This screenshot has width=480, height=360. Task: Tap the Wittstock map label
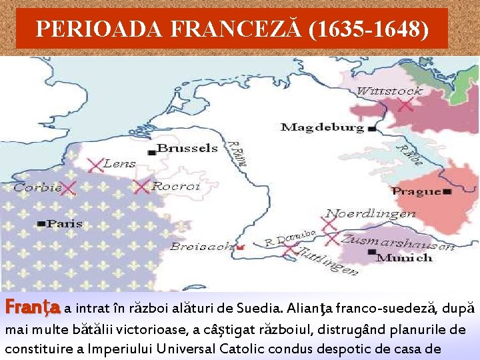(x=389, y=91)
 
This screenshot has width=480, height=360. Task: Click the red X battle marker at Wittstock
(x=405, y=104)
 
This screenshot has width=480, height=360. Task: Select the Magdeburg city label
(x=322, y=127)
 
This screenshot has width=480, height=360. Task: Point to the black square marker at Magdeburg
(x=371, y=127)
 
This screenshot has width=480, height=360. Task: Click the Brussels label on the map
(x=187, y=148)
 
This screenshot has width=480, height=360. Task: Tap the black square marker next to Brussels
(x=152, y=153)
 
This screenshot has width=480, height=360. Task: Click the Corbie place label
(x=37, y=188)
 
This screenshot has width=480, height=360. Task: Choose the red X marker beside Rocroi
(x=141, y=187)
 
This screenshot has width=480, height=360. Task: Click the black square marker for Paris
(x=42, y=224)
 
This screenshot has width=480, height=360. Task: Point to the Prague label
(x=417, y=191)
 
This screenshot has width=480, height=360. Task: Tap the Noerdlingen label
(x=371, y=214)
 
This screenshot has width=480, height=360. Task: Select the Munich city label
(x=405, y=257)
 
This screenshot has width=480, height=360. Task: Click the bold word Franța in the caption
(x=33, y=309)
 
